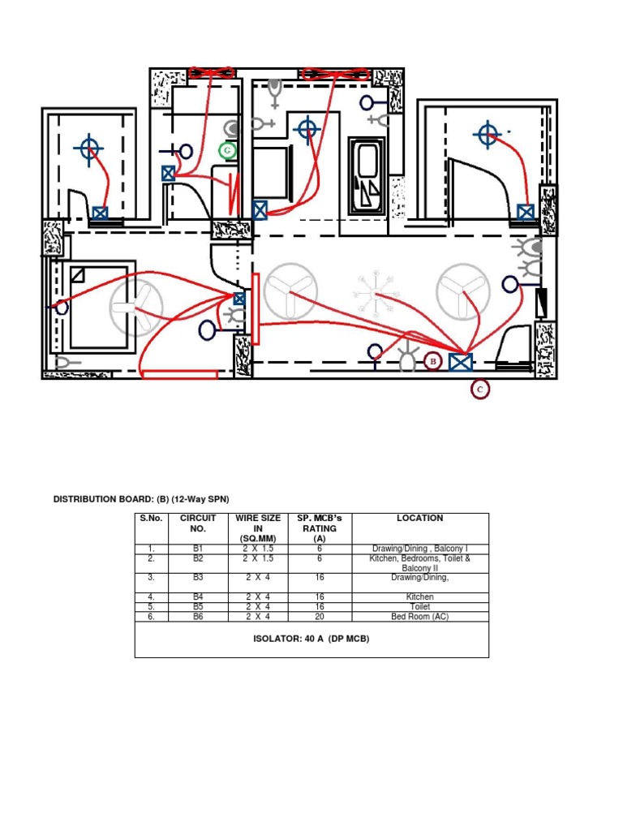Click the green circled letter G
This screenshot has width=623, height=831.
click(x=228, y=150)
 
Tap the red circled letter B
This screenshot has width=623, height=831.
click(x=432, y=361)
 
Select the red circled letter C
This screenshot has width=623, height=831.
click(x=480, y=390)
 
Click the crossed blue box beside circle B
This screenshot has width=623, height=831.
click(x=462, y=362)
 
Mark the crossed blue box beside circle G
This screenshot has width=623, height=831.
click(x=169, y=173)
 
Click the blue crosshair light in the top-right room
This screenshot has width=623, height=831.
click(x=487, y=134)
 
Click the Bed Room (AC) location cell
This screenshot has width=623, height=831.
click(x=419, y=617)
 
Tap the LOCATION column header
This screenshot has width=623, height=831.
click(x=419, y=518)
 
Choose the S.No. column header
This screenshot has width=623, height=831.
click(x=151, y=518)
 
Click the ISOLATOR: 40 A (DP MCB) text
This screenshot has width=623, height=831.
click(x=311, y=639)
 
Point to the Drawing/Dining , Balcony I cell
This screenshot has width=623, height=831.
click(x=419, y=549)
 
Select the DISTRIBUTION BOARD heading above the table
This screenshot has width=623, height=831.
click(x=147, y=499)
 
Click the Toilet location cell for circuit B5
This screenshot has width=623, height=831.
click(x=419, y=606)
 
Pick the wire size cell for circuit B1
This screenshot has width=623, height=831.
click(x=258, y=549)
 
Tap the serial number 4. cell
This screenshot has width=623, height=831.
click(x=151, y=596)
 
